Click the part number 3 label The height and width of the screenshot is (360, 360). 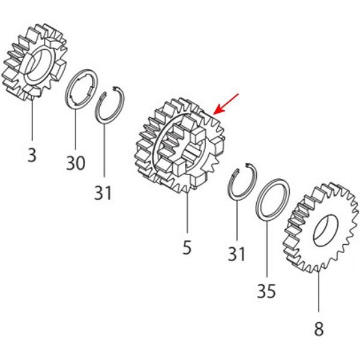click(32, 155)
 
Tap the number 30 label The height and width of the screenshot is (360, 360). click(76, 163)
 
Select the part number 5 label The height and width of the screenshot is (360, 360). click(187, 247)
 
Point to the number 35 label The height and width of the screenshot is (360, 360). click(266, 292)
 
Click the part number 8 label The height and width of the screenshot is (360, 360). click(319, 329)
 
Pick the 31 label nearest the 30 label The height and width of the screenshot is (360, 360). click(103, 193)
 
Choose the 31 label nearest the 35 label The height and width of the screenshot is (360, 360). click(237, 254)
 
